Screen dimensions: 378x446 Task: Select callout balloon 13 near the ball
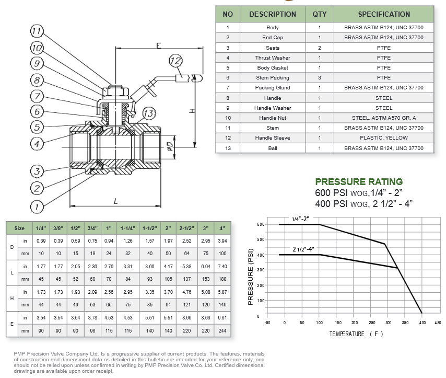[x=148, y=114]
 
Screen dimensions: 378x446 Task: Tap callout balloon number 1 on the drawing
[x=36, y=208]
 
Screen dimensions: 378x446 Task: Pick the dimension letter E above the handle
[x=158, y=46]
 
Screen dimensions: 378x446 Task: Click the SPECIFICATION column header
[x=384, y=14]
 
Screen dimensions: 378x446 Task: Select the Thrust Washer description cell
[x=273, y=58]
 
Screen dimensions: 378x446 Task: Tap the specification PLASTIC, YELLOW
[x=384, y=138]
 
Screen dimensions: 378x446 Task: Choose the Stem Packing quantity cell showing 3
[x=320, y=78]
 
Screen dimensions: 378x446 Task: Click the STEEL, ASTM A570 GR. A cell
[x=384, y=118]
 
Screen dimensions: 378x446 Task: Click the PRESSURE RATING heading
[x=359, y=181]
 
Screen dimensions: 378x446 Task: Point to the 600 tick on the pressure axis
[x=261, y=224]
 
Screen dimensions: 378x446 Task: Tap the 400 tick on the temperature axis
[x=421, y=323]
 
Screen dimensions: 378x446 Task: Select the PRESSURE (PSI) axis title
[x=251, y=277]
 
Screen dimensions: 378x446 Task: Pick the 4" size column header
[x=222, y=228]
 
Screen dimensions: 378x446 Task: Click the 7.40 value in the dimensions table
[x=222, y=266]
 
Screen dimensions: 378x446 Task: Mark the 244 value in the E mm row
[x=222, y=330]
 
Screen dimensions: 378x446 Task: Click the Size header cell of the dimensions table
[x=19, y=228]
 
